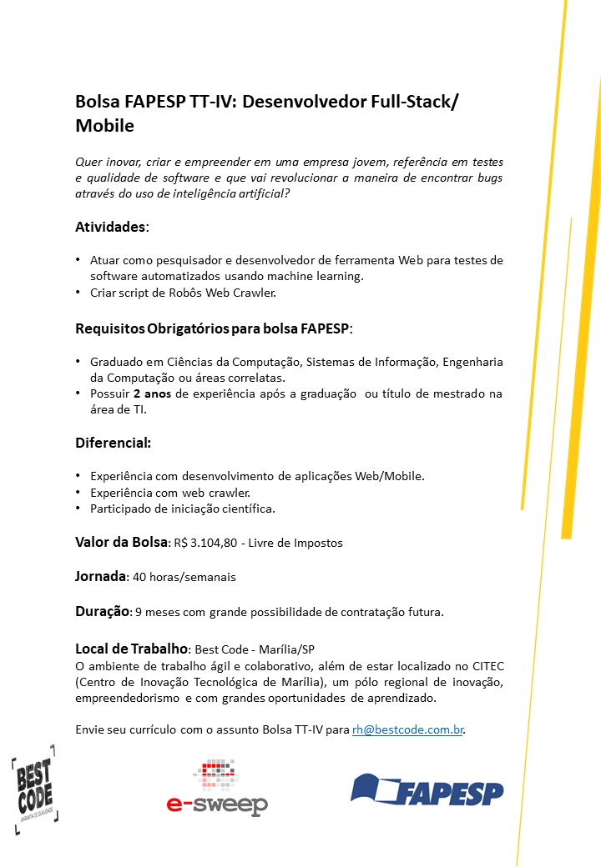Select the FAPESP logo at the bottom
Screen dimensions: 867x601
[427, 789]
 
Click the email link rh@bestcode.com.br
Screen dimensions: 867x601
[407, 729]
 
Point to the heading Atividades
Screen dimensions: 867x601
[111, 227]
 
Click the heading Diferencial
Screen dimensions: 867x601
[113, 442]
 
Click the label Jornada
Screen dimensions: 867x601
[100, 576]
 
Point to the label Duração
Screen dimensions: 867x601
[102, 611]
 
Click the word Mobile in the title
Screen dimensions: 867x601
[104, 126]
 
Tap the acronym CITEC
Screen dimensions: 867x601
[483, 666]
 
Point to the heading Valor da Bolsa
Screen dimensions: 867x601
[122, 542]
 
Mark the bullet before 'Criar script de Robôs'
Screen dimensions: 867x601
[78, 293]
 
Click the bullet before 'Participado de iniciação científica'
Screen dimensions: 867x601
[78, 508]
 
